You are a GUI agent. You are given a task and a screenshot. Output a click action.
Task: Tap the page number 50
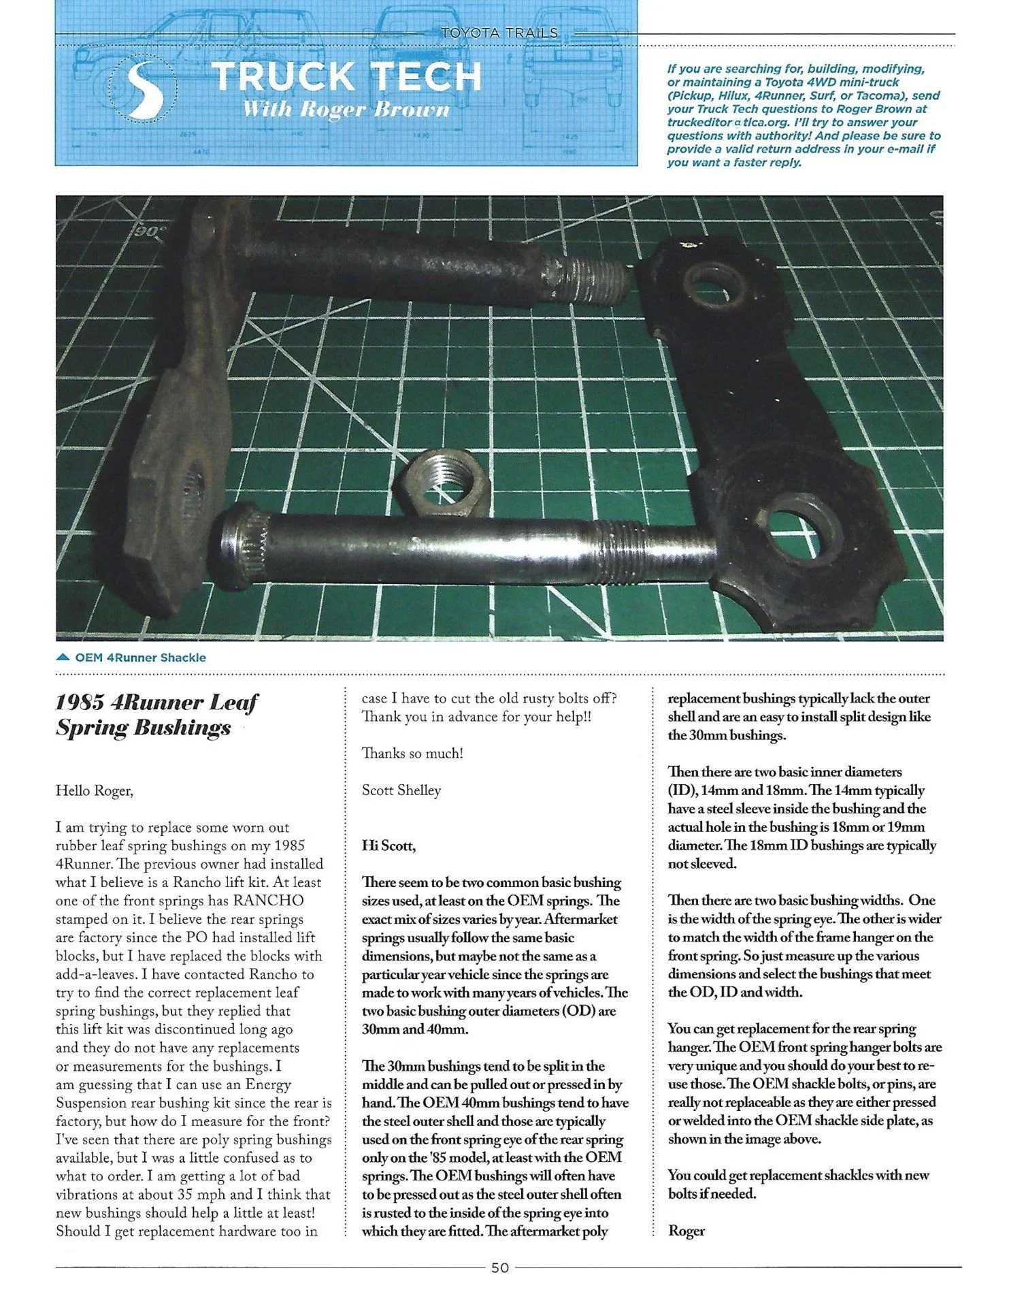pyautogui.click(x=500, y=1268)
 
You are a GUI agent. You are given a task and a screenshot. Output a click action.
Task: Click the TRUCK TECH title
pyautogui.click(x=346, y=76)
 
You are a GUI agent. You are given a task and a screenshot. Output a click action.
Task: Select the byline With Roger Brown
pyautogui.click(x=346, y=110)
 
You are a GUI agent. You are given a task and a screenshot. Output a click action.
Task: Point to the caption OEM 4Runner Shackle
pyautogui.click(x=140, y=658)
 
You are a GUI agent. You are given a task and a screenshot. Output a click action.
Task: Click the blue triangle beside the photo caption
pyautogui.click(x=63, y=658)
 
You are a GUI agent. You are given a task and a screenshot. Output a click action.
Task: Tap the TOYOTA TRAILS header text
pyautogui.click(x=499, y=33)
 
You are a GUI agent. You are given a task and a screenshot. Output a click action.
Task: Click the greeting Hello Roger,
pyautogui.click(x=95, y=791)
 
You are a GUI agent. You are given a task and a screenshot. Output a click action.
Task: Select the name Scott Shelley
pyautogui.click(x=401, y=791)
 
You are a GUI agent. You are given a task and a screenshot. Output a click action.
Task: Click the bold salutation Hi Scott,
pyautogui.click(x=388, y=846)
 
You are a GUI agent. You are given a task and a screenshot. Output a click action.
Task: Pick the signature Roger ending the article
pyautogui.click(x=687, y=1231)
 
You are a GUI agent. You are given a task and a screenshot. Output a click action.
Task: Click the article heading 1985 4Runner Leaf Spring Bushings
pyautogui.click(x=156, y=715)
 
